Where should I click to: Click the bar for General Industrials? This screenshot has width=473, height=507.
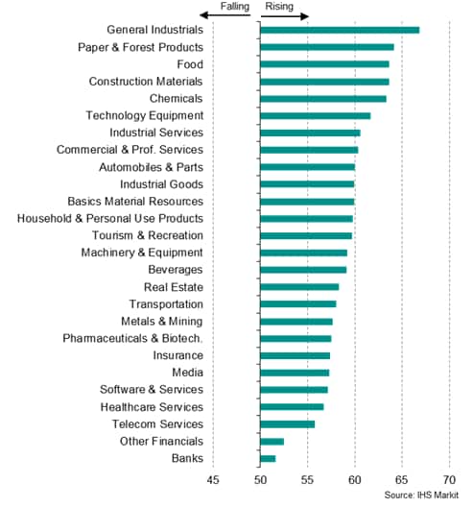(340, 30)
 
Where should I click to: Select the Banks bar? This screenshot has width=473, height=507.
(268, 458)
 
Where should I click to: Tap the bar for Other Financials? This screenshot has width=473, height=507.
(272, 442)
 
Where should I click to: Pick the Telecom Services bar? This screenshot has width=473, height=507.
(287, 424)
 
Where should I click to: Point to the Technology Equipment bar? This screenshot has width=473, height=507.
(316, 116)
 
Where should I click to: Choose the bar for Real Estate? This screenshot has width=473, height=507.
(299, 287)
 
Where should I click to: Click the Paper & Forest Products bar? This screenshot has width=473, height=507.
(327, 47)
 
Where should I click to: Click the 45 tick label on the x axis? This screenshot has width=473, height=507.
(213, 480)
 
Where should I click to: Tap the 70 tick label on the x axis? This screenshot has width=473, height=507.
(449, 480)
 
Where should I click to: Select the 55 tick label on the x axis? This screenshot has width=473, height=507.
(307, 480)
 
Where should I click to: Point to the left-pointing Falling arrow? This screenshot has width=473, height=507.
(225, 15)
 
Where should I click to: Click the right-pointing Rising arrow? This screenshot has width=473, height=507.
(285, 16)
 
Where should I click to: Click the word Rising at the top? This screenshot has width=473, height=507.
(279, 6)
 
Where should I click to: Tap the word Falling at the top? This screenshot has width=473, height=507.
(235, 6)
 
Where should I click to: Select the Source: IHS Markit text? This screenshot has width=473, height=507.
(421, 495)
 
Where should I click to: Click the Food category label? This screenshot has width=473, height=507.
(190, 64)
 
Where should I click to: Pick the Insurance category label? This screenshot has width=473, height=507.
(178, 355)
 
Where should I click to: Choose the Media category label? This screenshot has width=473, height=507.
(188, 373)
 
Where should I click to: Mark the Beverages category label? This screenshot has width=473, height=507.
(176, 270)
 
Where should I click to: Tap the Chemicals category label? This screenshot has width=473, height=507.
(177, 99)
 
